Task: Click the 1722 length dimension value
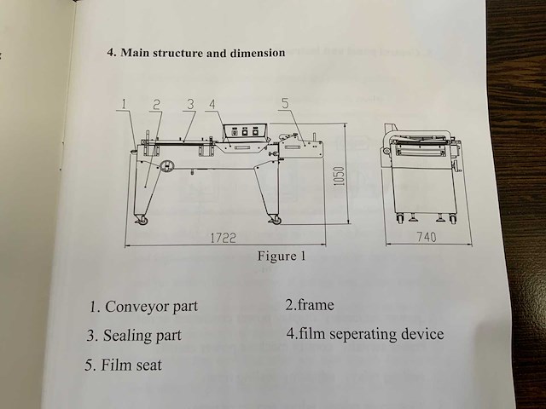coord(224,238)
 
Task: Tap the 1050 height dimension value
coord(339,176)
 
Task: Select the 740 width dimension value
coord(427,237)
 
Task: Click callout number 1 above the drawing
coord(124,104)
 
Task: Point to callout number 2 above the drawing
coord(157,104)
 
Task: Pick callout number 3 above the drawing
coord(190,104)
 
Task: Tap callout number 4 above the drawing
coord(212,104)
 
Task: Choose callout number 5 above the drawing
coord(285,103)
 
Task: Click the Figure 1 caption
coord(282,256)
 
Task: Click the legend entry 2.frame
coord(310,305)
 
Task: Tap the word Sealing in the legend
coord(127,336)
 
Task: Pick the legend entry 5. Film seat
coord(123,366)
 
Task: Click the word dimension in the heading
coord(258,53)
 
